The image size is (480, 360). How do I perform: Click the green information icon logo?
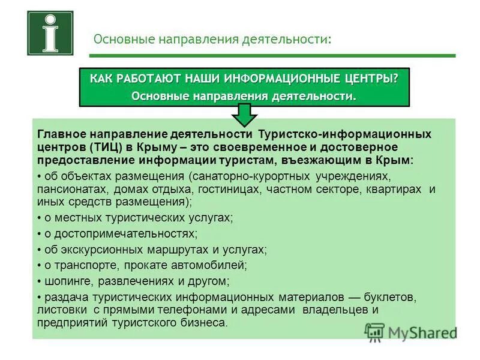pos(50,33)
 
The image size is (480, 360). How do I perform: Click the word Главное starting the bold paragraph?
pos(62,133)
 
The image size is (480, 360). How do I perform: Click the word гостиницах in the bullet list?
pos(222,190)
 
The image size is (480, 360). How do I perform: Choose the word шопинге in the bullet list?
pos(63,280)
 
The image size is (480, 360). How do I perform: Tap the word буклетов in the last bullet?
pos(389,296)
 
